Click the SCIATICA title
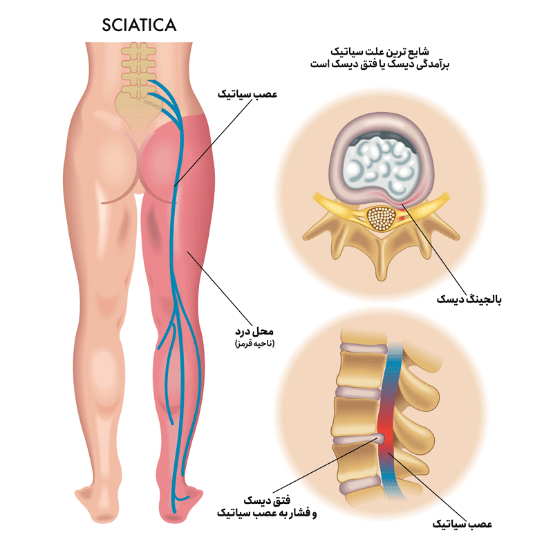pyautogui.click(x=139, y=26)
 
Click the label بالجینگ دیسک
pyautogui.click(x=469, y=299)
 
